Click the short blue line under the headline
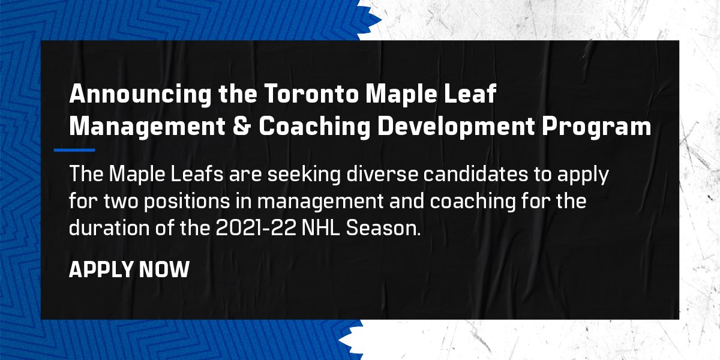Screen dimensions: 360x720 click(74, 150)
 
